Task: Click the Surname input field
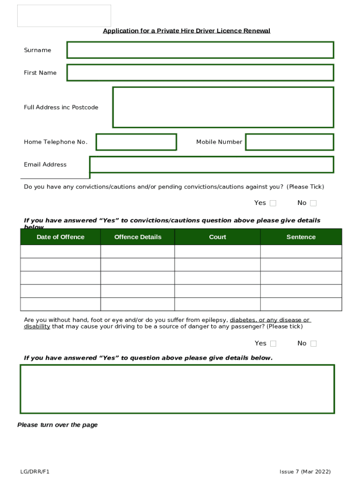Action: point(200,50)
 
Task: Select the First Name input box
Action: point(200,73)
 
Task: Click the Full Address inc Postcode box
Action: point(223,107)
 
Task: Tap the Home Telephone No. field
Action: point(136,142)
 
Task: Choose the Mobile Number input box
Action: point(289,142)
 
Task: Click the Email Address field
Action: point(211,165)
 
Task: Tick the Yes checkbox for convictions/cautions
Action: point(273,203)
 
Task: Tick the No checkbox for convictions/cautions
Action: point(313,203)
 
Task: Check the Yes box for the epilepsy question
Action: point(273,343)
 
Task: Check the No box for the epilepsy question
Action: point(313,343)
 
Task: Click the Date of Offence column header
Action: point(60,237)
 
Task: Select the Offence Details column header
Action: point(137,237)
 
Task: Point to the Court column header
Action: point(217,237)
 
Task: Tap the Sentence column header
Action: point(301,237)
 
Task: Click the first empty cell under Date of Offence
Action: point(60,252)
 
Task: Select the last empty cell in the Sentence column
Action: point(301,304)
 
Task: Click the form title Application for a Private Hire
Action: point(187,31)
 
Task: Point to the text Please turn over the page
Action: point(58,425)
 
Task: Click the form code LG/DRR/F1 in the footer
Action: point(35,472)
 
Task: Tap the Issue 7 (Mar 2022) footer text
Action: point(305,472)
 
